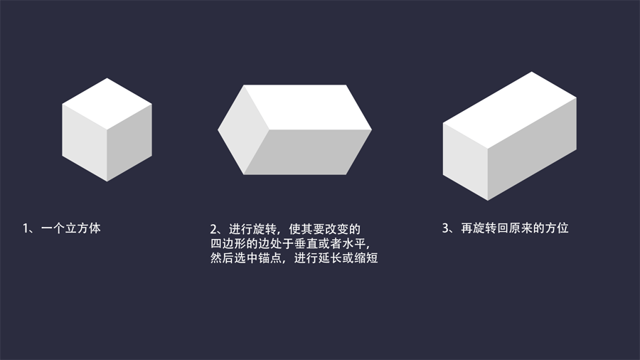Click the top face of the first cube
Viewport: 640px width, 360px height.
[x=107, y=104]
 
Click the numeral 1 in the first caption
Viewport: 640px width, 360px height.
[x=26, y=229]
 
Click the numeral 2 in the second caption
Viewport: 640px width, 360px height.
[x=213, y=229]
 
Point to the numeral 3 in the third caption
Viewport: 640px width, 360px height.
[x=446, y=229]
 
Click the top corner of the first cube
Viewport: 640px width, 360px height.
[x=107, y=79]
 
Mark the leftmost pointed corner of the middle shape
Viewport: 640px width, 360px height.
[x=219, y=130]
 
